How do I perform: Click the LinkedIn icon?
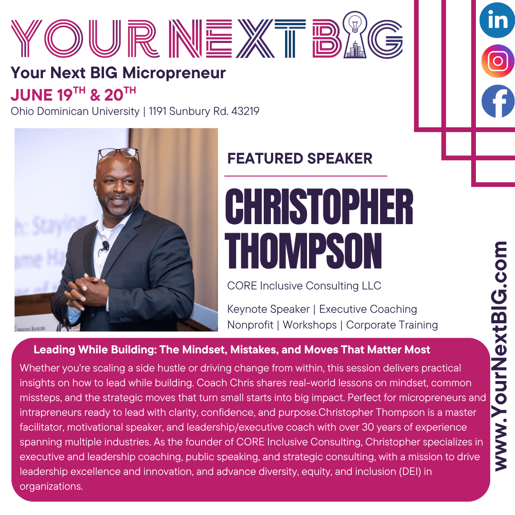coord(498,20)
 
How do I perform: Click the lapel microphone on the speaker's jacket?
coord(105,245)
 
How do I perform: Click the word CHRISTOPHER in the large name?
coord(319,207)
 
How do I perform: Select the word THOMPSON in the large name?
coord(303,251)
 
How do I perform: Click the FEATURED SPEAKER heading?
coord(300,159)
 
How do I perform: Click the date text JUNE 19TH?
coord(48,94)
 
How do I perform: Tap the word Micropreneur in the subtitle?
coord(174,73)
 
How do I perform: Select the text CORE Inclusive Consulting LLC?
coord(304,286)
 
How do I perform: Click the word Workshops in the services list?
coord(310,325)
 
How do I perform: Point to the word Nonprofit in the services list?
coord(250,325)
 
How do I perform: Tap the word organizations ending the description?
coord(51,486)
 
